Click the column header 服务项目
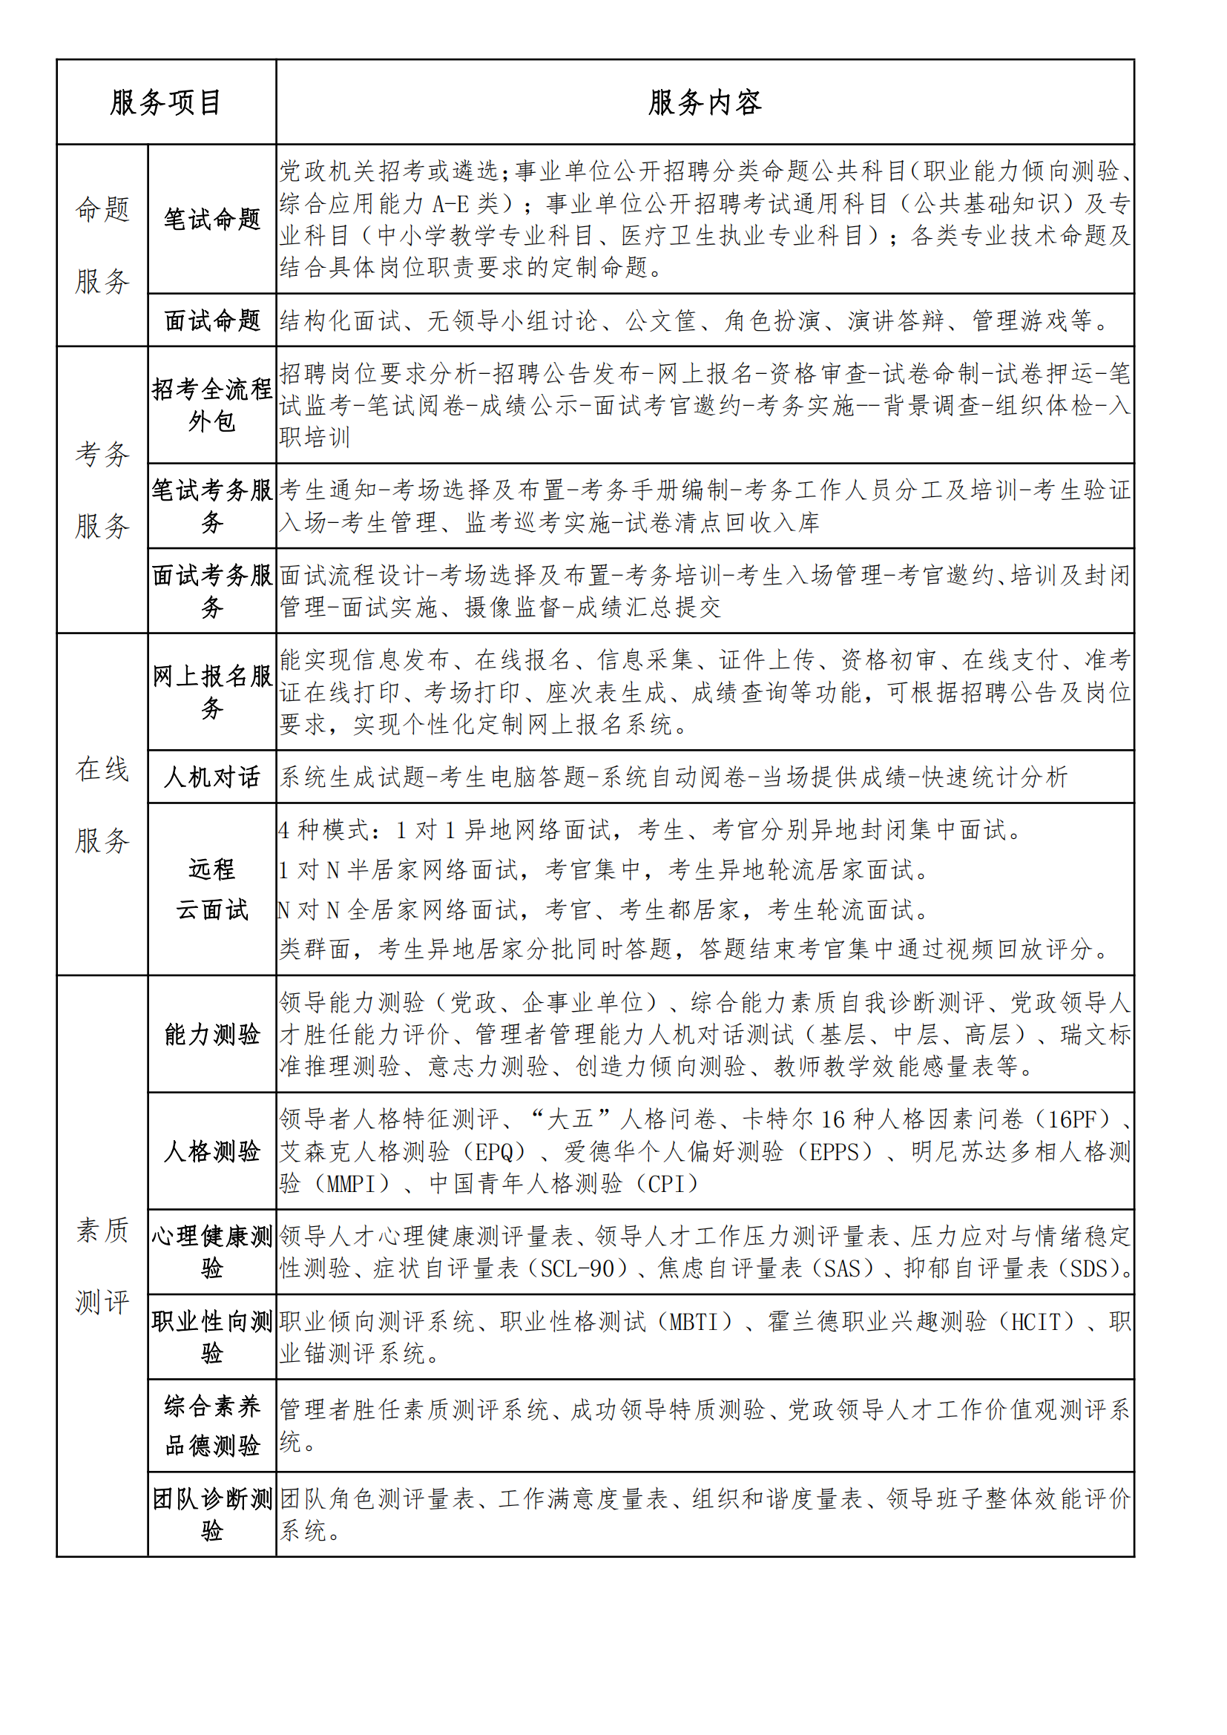(165, 103)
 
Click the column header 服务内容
(704, 103)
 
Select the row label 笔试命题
(212, 219)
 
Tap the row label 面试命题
(212, 320)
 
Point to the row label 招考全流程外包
(212, 405)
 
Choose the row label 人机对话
(212, 777)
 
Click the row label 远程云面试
(212, 889)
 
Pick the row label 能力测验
(212, 1034)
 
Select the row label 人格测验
(212, 1151)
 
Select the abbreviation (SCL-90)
(577, 1268)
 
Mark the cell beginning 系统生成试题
(673, 777)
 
